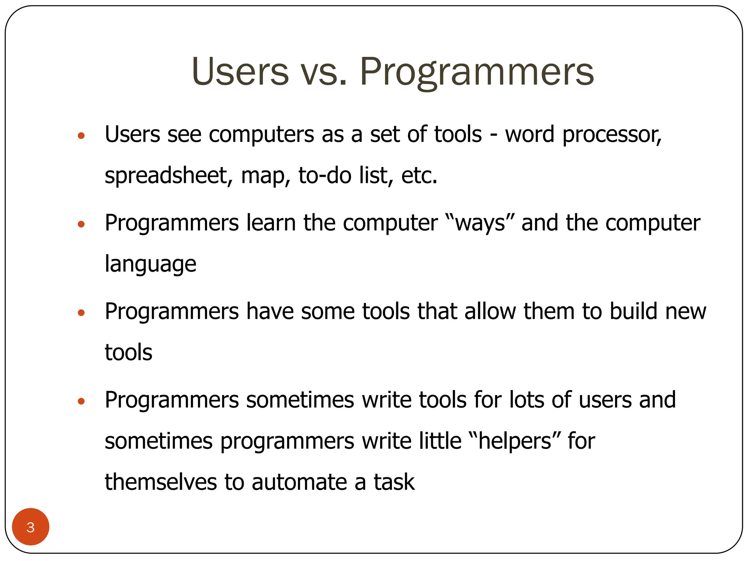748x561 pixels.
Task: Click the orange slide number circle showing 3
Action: click(31, 527)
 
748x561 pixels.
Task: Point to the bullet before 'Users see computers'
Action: click(81, 136)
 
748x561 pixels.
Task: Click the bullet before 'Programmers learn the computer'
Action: click(81, 224)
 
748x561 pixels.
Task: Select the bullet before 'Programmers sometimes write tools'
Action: click(81, 401)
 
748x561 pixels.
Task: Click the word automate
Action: click(299, 482)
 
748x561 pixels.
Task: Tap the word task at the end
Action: click(394, 482)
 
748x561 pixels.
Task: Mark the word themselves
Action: click(161, 482)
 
